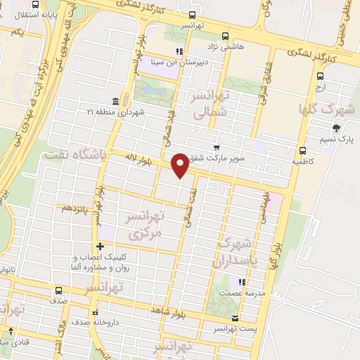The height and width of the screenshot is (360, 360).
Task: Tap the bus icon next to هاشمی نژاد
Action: [x=225, y=36]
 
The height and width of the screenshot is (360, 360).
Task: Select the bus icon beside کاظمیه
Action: [x=302, y=150]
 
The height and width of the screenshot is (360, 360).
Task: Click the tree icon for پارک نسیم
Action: [x=335, y=128]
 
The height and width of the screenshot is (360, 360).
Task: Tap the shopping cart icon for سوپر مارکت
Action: [x=217, y=148]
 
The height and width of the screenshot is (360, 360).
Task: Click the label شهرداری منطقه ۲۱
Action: [x=115, y=112]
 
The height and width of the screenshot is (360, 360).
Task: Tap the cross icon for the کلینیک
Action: [x=101, y=246]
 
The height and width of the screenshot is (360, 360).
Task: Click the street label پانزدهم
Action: [x=75, y=208]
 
